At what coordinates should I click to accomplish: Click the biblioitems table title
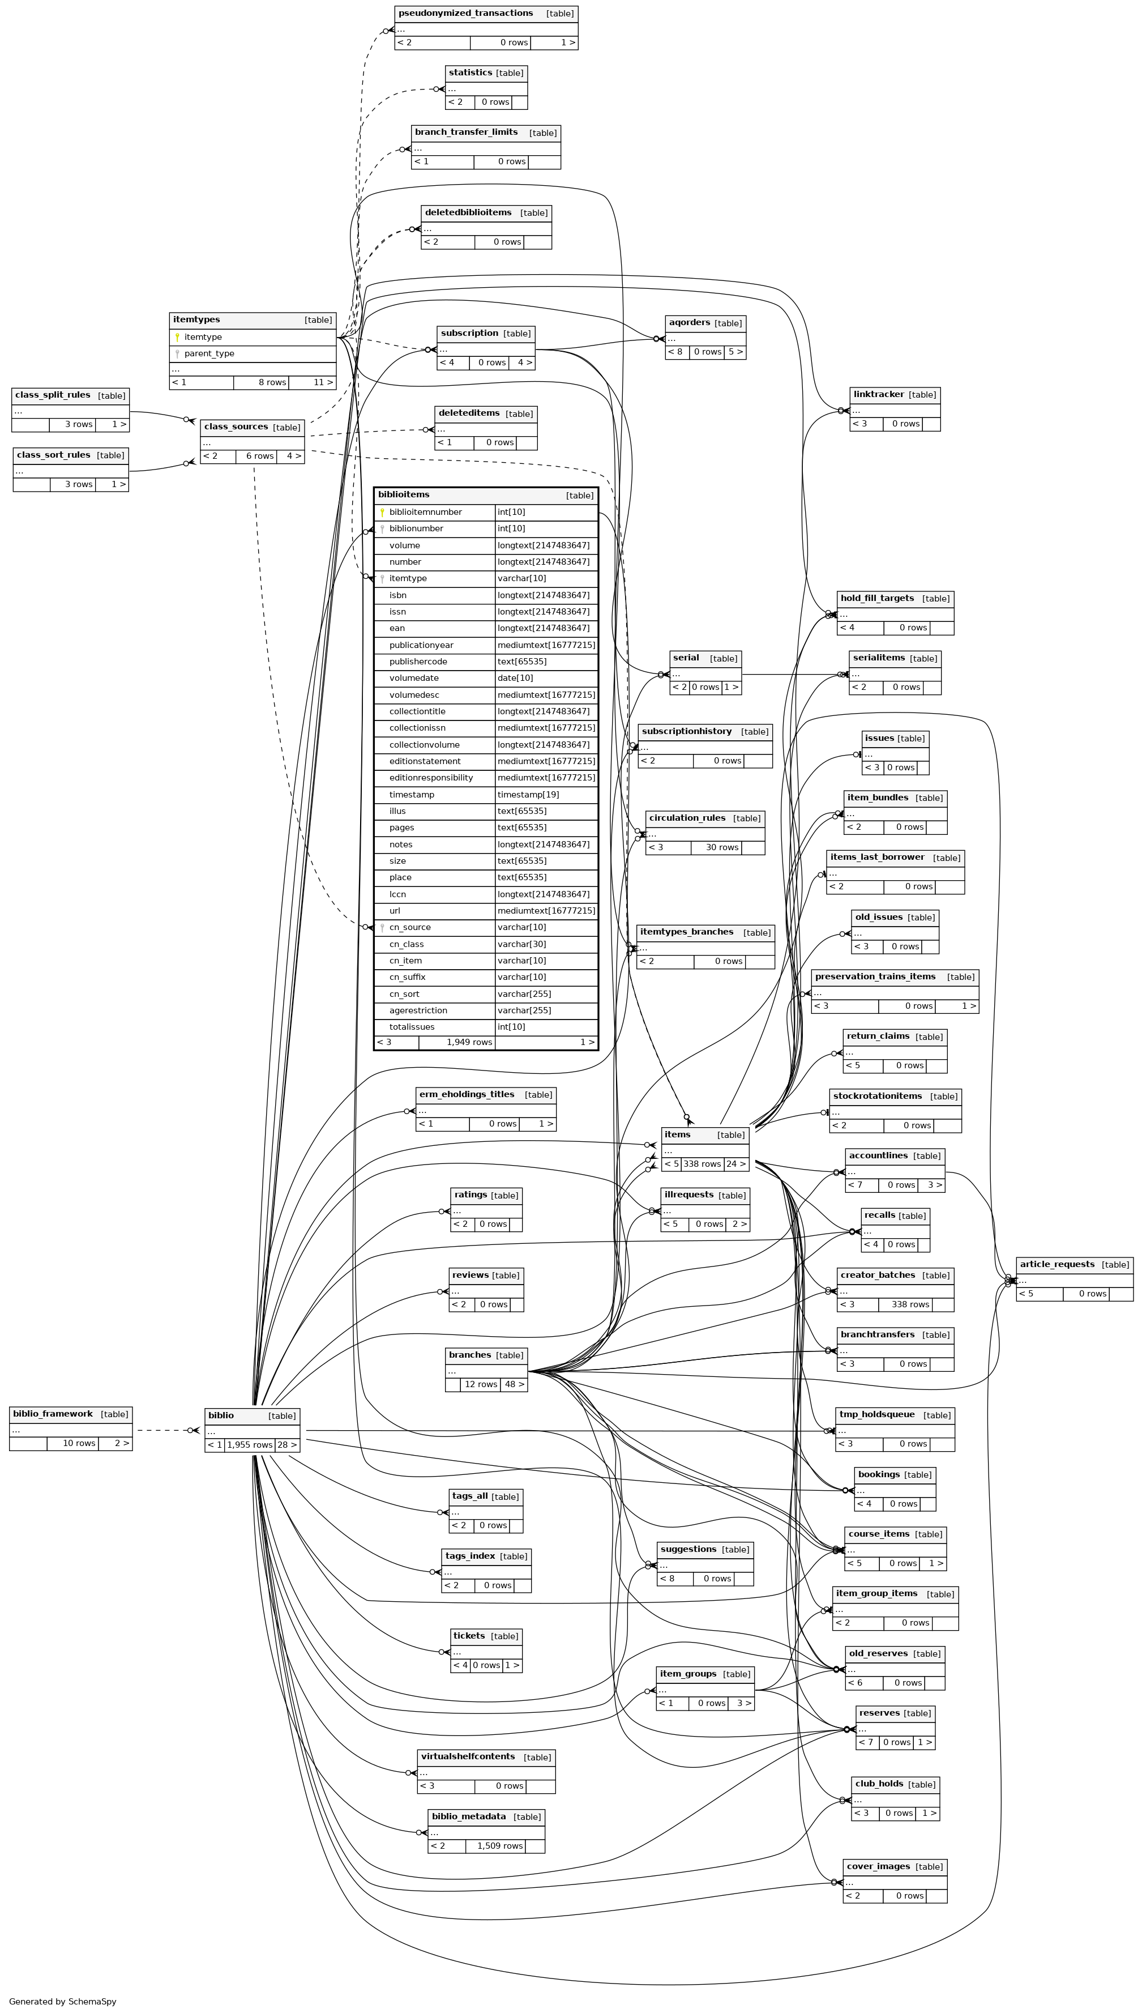point(404,495)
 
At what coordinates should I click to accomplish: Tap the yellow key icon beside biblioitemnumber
point(382,512)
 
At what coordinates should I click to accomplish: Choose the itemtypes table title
point(197,320)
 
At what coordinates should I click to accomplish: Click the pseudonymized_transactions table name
point(465,14)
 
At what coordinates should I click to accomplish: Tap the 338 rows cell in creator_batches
point(910,1304)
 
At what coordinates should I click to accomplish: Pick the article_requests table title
point(1057,1265)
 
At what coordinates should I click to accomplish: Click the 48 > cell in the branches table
point(514,1385)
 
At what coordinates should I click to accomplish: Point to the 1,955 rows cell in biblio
point(250,1445)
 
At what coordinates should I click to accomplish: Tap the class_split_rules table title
point(53,395)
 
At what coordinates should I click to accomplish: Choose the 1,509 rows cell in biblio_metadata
point(499,1846)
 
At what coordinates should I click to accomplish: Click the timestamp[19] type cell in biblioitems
point(527,795)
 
